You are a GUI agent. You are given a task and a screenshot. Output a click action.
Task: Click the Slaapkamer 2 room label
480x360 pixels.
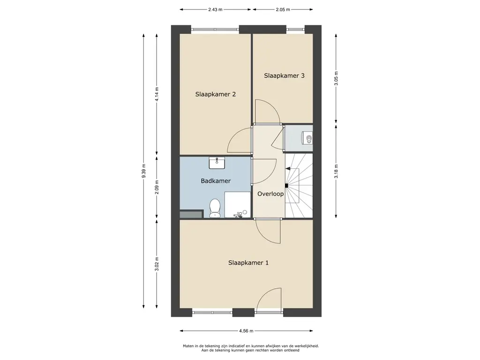coord(216,94)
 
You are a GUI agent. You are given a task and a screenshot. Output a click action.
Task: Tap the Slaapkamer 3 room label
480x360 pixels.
coord(284,75)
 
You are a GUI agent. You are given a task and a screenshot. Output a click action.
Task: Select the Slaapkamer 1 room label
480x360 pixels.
coord(248,262)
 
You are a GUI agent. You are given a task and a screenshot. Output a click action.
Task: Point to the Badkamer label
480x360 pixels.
coord(216,181)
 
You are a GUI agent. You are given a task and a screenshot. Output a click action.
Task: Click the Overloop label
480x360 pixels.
coord(270,194)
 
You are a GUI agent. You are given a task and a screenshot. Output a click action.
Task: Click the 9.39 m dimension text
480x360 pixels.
coord(143,171)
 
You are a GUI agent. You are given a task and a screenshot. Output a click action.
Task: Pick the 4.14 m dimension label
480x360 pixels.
coord(157,94)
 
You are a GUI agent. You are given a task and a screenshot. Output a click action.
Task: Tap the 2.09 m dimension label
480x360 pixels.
coord(157,187)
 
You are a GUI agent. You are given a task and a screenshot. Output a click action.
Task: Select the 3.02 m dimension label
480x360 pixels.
coord(157,264)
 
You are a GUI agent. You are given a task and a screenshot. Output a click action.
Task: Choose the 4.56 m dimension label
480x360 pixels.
coord(247,331)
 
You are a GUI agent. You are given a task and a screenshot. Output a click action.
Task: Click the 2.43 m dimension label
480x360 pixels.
coord(215,9)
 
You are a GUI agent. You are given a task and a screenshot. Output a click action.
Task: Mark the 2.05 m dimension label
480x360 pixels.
coord(283,9)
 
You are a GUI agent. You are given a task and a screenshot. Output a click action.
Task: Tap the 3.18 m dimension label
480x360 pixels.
coord(336,172)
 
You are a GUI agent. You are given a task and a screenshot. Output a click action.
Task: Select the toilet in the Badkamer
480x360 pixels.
coord(215,208)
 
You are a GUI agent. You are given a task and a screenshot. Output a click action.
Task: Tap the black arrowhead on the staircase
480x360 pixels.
coord(288,168)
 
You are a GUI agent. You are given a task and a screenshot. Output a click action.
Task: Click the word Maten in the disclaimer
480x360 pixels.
coord(188,346)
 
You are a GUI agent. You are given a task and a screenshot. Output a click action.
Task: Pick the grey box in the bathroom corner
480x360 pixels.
coord(191,214)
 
